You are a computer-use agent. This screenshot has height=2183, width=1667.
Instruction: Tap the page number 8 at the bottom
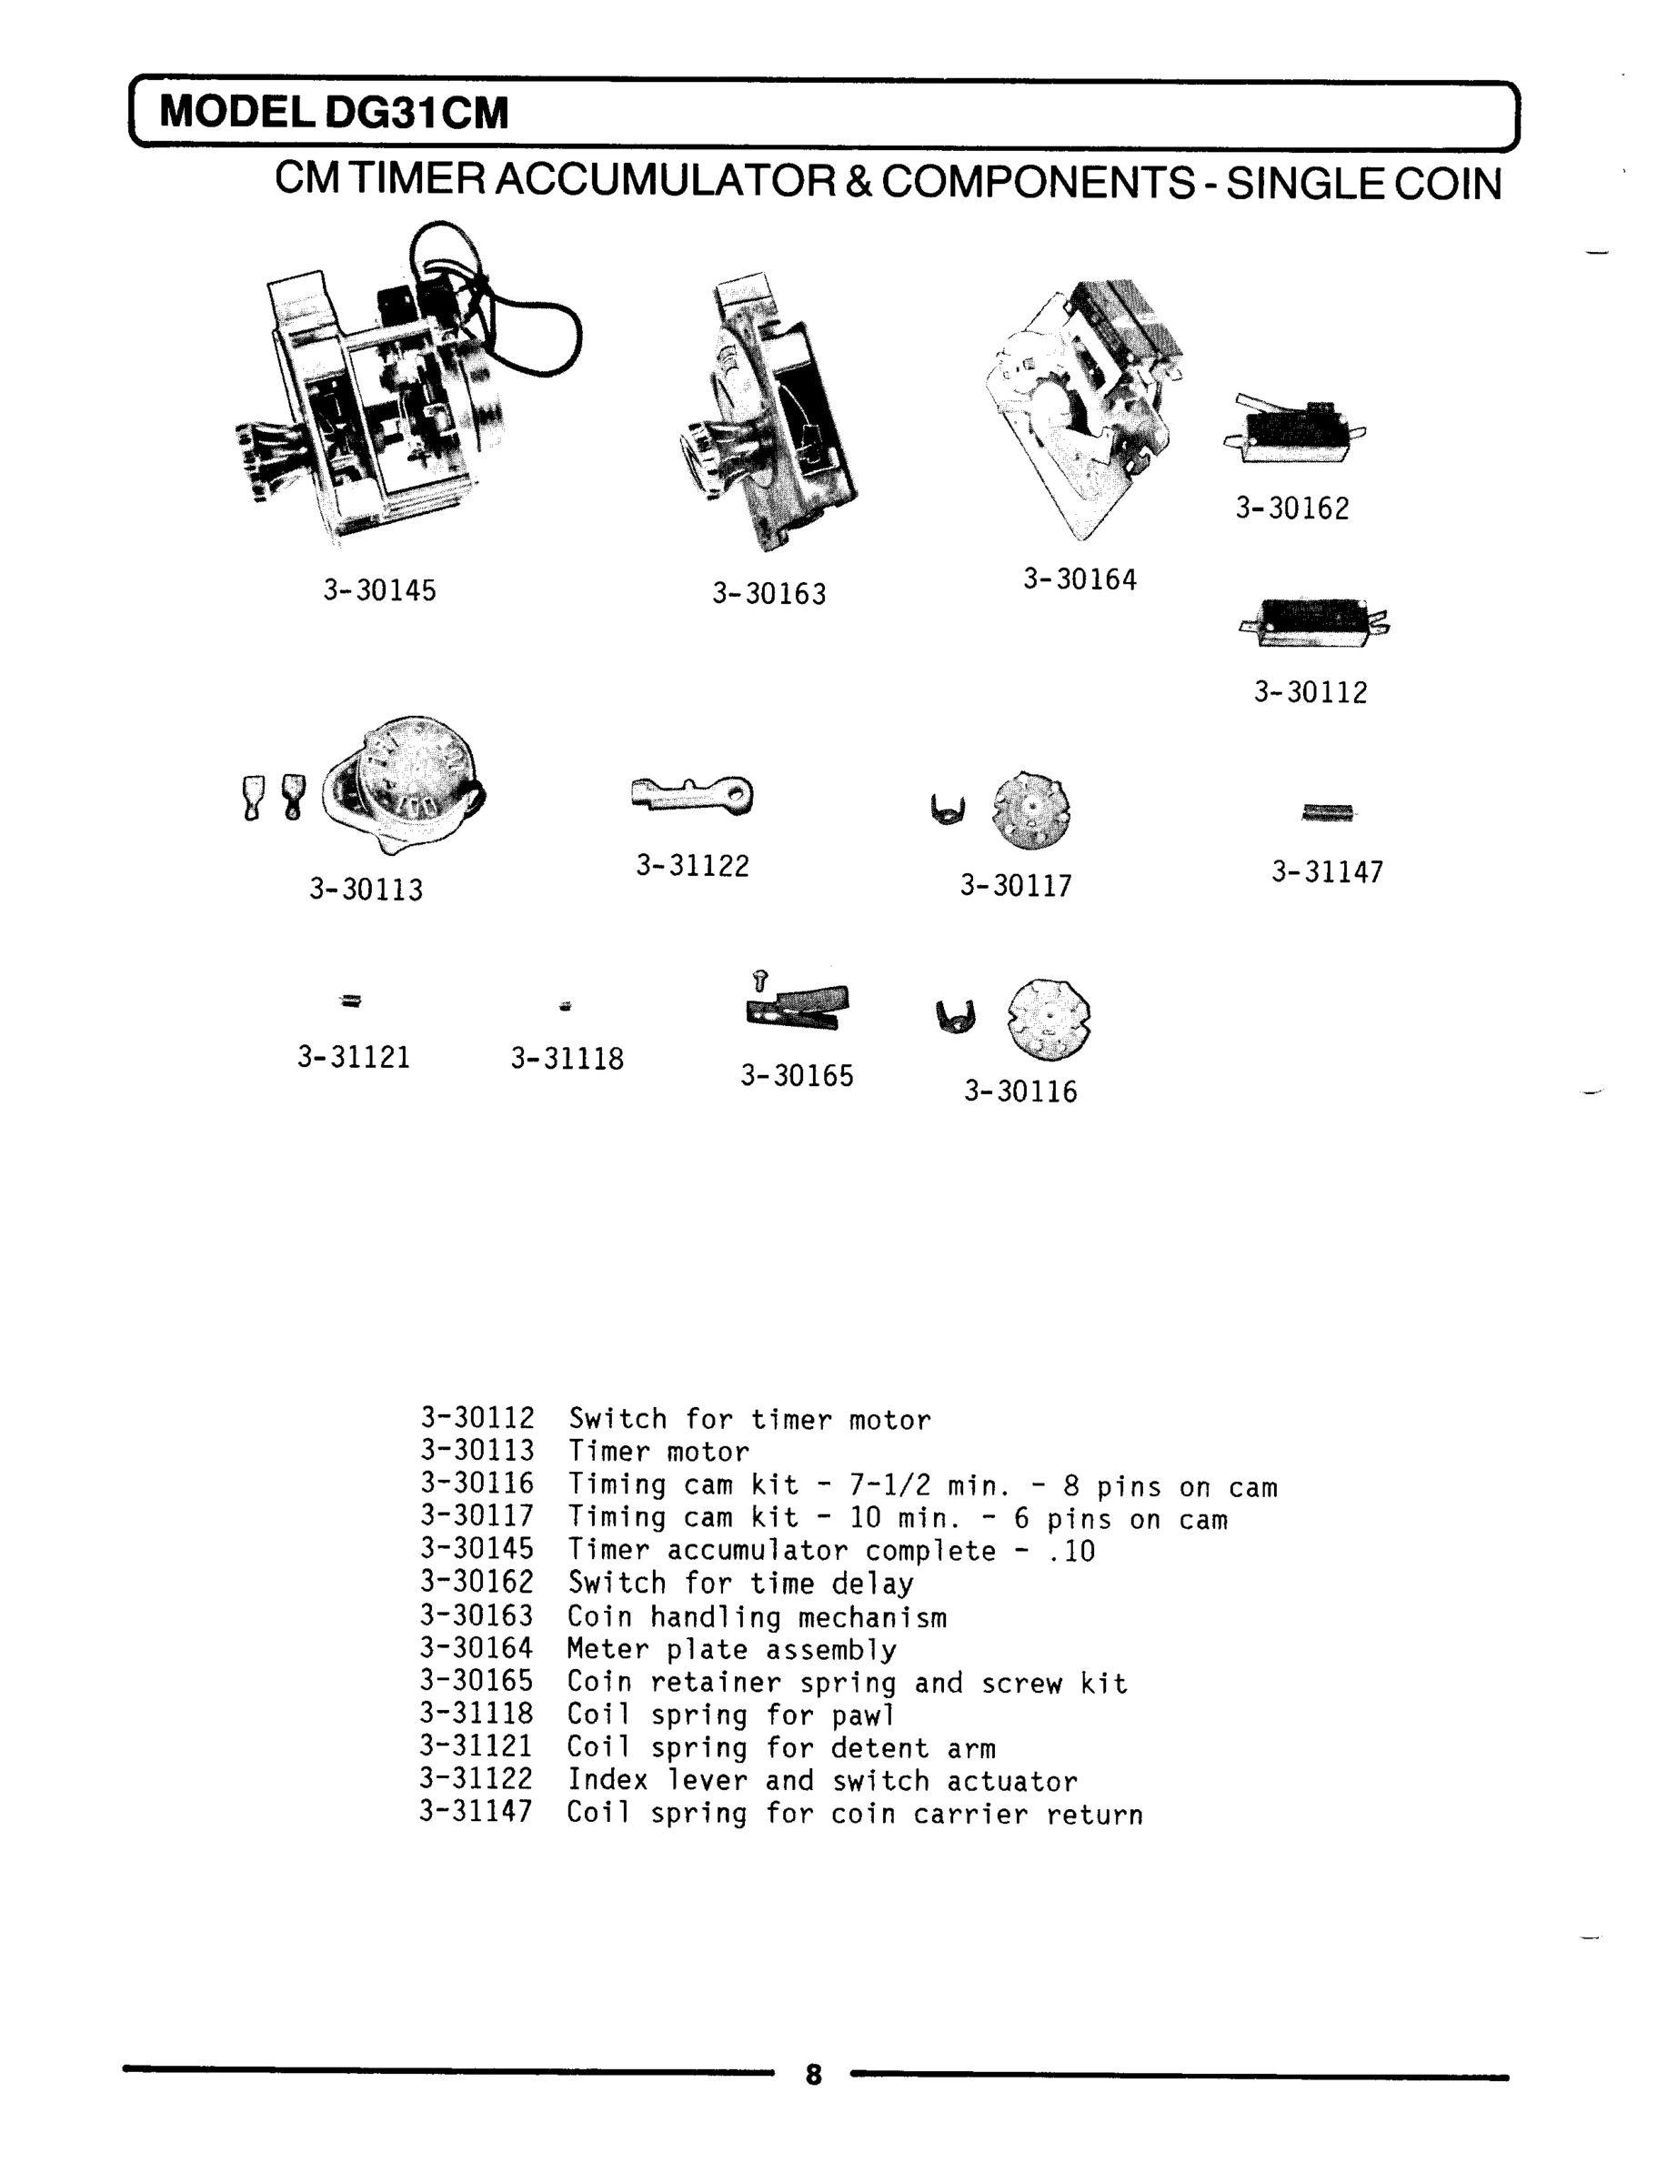(x=814, y=2074)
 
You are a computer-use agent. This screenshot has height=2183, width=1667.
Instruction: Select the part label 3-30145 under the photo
(x=379, y=590)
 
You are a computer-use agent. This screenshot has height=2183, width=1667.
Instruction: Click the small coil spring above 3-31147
(x=1328, y=812)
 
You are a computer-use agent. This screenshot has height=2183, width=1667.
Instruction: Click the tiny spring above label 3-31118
(x=566, y=1006)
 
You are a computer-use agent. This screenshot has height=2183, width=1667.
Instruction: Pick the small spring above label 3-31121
(x=351, y=1001)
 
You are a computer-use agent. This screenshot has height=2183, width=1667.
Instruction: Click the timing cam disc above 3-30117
(x=1032, y=810)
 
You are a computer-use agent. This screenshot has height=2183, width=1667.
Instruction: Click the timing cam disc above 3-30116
(x=1048, y=1018)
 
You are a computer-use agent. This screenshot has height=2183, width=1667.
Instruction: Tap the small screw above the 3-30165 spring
(x=760, y=981)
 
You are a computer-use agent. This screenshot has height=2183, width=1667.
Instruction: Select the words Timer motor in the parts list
(x=658, y=1453)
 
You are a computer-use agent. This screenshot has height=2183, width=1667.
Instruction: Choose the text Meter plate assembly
(x=731, y=1649)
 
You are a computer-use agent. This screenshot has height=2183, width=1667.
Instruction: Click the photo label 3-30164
(x=1080, y=579)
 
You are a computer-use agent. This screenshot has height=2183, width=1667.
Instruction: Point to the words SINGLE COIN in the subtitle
(x=1363, y=185)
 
